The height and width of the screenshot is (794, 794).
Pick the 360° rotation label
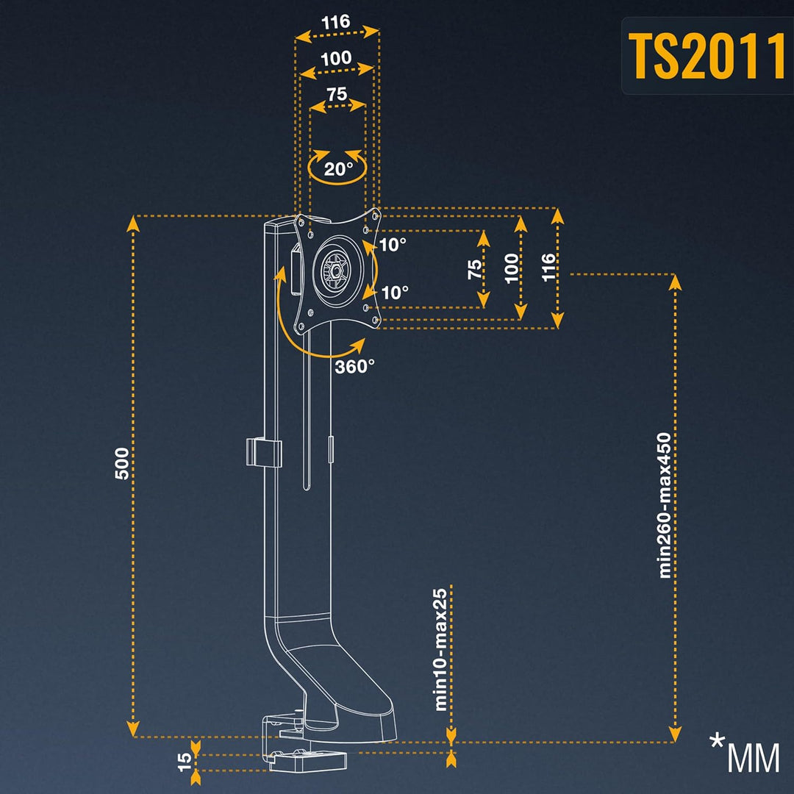[x=355, y=366]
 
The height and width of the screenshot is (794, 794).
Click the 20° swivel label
[x=338, y=169]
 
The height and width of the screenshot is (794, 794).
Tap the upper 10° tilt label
[x=393, y=245]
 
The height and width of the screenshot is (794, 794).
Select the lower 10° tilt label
[x=395, y=293]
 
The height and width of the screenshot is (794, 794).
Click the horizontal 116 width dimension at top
[x=336, y=22]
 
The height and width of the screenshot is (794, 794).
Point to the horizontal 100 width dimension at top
[x=336, y=59]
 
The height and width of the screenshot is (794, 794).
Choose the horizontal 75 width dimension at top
[x=337, y=94]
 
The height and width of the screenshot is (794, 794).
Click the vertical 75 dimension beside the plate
[x=475, y=269]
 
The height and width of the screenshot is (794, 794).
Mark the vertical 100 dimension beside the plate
[x=512, y=269]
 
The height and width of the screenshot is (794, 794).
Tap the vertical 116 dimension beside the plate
[x=548, y=269]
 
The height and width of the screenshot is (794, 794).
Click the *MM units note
[x=744, y=754]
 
